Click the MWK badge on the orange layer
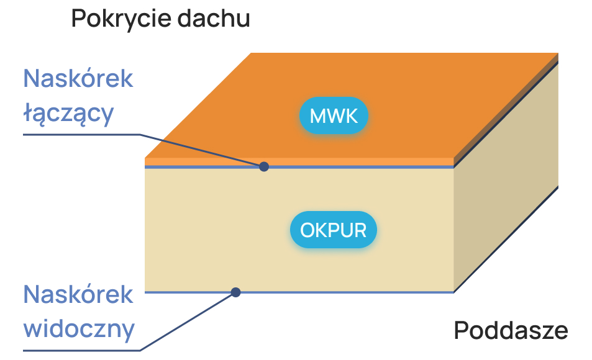coord(334,115)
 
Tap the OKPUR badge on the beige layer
coord(334,230)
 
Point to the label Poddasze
coord(511,330)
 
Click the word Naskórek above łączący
coord(78,79)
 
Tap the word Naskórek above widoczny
coord(78,294)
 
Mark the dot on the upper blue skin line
coord(264,166)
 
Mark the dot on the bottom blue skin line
coord(236,292)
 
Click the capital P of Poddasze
coord(461,330)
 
